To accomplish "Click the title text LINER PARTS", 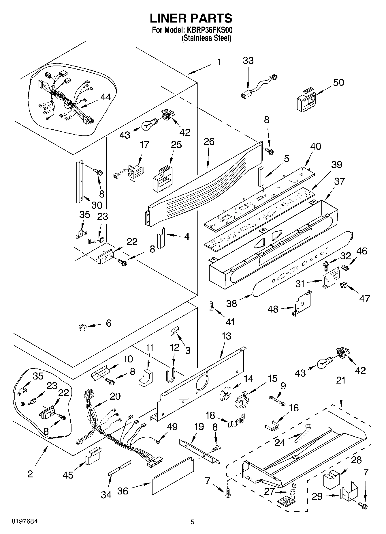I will coord(191,18).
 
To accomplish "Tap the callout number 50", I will coord(338,83).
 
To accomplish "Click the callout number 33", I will coord(248,61).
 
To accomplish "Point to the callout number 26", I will coord(209,142).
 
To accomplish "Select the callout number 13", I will coord(227,336).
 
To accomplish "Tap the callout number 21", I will coord(340,380).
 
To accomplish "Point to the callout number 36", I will coord(123,491).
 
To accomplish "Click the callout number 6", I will coord(109,323).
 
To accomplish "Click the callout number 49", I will coord(172,427).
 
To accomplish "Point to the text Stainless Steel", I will coord(206,38).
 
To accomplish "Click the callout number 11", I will coord(149,348).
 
